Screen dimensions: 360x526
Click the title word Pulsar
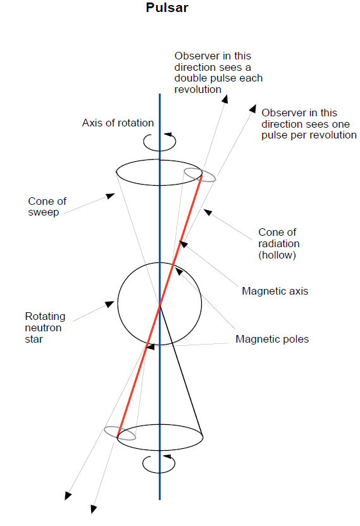coord(167,8)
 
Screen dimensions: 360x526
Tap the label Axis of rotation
coord(118,123)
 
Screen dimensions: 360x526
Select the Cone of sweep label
coord(47,207)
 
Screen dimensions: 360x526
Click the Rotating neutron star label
coord(45,327)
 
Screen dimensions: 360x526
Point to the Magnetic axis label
coord(275,291)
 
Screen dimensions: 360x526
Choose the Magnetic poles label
coord(272,339)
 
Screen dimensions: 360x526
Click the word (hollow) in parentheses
coord(277,255)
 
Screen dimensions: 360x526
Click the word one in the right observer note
coord(341,124)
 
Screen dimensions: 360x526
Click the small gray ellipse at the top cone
coord(200,174)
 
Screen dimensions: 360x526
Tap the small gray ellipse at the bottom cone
coord(120,433)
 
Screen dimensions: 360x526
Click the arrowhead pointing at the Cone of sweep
coord(111,196)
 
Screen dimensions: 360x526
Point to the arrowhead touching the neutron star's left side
coord(109,304)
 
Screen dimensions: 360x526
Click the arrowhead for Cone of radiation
coord(208,212)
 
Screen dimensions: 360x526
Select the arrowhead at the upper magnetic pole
coord(179,271)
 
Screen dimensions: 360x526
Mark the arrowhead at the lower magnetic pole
coord(150,346)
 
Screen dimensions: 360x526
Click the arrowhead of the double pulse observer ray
coord(225,99)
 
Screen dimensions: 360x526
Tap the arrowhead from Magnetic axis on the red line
coord(183,244)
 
